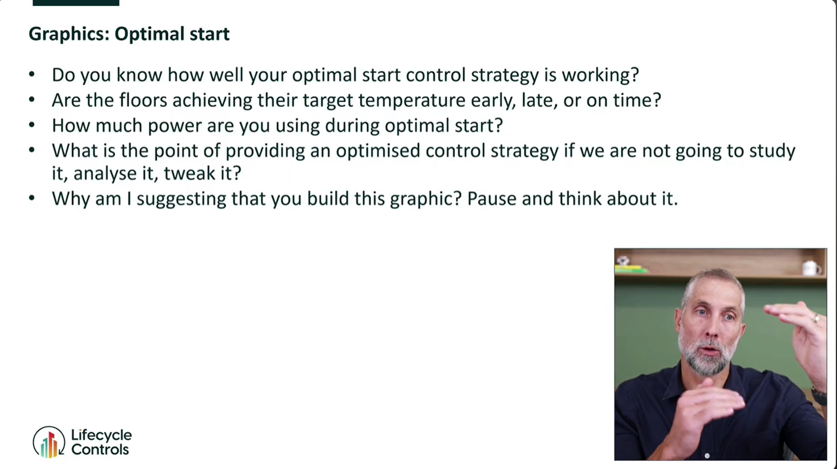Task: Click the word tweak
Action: tap(186, 174)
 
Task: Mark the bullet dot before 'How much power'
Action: tap(32, 125)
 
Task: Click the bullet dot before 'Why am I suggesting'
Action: tap(32, 199)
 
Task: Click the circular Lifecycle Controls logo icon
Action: tap(49, 442)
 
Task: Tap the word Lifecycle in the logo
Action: tap(101, 435)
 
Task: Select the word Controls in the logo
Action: tap(100, 450)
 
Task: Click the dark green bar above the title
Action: tap(76, 3)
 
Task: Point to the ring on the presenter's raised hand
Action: tap(816, 319)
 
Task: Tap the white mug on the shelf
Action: tap(810, 268)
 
